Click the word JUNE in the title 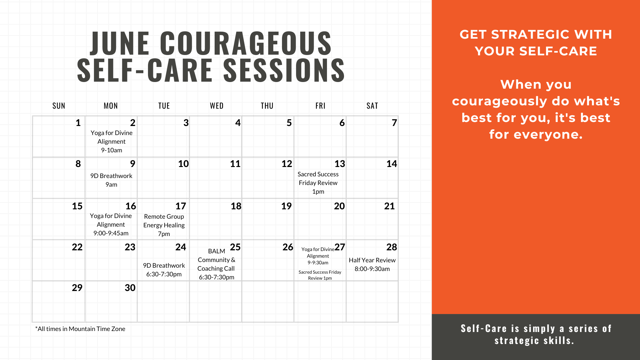(x=120, y=43)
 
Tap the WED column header (x=217, y=106)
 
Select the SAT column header (x=372, y=106)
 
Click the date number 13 (x=340, y=164)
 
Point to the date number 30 (x=130, y=288)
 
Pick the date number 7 (x=394, y=123)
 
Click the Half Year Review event (x=372, y=264)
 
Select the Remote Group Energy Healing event (x=164, y=225)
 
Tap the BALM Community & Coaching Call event (x=216, y=264)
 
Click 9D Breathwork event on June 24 (x=164, y=270)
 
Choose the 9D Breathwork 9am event (x=111, y=180)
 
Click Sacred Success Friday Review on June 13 (x=318, y=183)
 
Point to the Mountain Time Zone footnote (x=80, y=329)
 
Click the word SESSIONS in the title (x=284, y=70)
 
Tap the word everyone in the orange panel (x=548, y=134)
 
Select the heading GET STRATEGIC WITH (x=536, y=34)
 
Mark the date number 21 (x=389, y=206)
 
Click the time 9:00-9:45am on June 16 (x=111, y=233)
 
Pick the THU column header (x=267, y=106)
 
